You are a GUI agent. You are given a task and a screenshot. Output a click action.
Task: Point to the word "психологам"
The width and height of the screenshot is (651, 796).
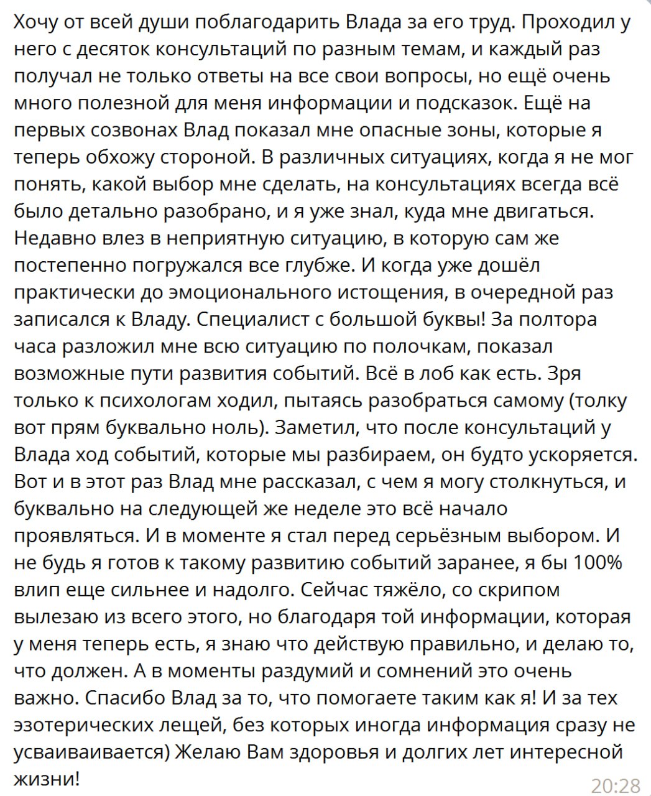coord(152,400)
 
